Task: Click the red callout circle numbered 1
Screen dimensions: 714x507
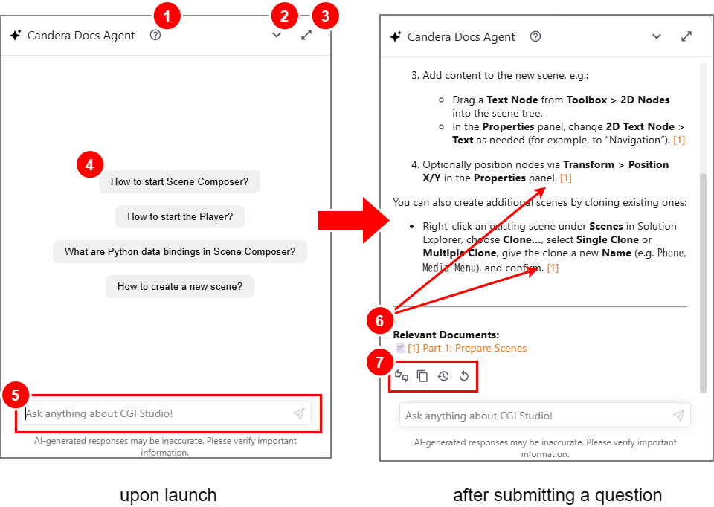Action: pos(167,16)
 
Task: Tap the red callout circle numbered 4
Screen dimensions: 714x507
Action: pos(90,164)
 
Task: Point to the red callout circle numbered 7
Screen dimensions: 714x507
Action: pos(380,362)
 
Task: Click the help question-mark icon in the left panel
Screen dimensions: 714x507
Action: pos(155,35)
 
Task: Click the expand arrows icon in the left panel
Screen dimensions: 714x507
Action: pos(306,35)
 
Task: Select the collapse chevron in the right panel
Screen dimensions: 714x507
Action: pos(657,36)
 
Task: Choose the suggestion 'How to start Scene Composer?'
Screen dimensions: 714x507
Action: pos(179,181)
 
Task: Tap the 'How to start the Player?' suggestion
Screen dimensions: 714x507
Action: pos(180,216)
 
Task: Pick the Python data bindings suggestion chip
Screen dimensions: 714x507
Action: pos(180,252)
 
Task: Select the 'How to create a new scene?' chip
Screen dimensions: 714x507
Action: pos(180,287)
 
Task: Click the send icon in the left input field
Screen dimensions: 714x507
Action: pos(299,413)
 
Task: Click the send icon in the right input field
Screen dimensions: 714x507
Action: pos(679,415)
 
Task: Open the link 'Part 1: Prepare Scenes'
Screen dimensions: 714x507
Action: pos(467,348)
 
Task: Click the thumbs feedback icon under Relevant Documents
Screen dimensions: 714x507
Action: pos(402,376)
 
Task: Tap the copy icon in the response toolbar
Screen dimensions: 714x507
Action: pos(422,376)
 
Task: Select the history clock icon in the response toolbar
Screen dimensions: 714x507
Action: pos(443,376)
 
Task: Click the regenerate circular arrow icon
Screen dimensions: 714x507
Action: pos(464,376)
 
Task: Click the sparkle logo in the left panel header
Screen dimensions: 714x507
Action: pos(16,35)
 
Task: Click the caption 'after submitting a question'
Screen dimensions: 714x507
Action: pos(557,494)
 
